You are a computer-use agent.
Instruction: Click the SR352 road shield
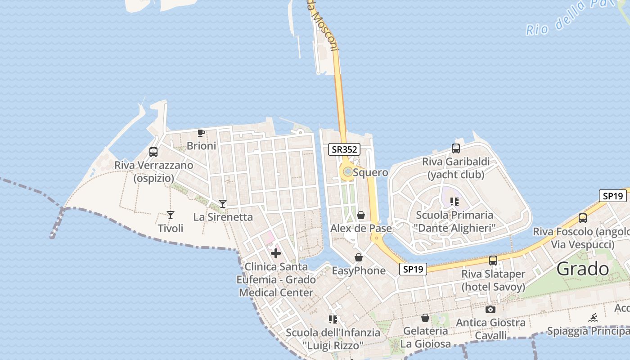coord(344,149)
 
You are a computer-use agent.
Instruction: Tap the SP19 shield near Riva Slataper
coord(413,269)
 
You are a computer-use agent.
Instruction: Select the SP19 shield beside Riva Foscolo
coord(612,196)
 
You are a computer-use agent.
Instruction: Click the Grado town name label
coord(583,269)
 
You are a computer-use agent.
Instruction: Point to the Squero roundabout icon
coord(347,171)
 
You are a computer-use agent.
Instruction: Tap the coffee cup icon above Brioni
coord(201,133)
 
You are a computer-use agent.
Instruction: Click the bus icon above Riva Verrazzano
coord(153,152)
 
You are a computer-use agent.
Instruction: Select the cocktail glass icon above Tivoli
coord(171,215)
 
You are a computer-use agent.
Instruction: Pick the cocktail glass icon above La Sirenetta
coord(222,203)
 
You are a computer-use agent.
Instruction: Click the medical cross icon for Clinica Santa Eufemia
coord(276,253)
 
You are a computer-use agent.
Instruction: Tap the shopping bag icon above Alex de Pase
coord(360,215)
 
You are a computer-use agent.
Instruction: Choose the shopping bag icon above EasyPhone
coord(359,257)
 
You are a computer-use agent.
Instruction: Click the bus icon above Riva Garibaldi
coord(455,148)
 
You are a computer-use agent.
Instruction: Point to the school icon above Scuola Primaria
coord(454,202)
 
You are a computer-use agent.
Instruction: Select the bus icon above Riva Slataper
coord(493,261)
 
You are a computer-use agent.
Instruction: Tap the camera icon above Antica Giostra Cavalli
coord(490,309)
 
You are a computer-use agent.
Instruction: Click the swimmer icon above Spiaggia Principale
coord(594,318)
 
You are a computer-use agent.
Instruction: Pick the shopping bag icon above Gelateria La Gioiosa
coord(425,318)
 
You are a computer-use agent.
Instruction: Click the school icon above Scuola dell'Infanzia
coord(333,319)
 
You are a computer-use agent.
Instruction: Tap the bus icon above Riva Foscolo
coord(583,218)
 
